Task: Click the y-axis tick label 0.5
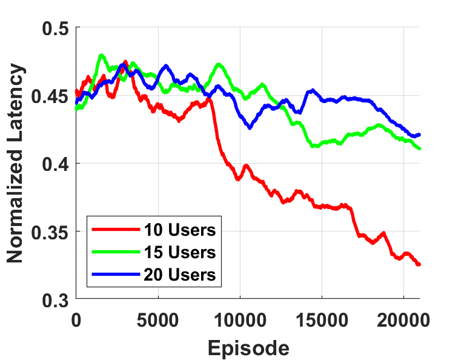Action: [56, 28]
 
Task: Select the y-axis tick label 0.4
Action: [56, 164]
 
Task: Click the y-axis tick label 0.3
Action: [56, 299]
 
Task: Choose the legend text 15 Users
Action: [180, 252]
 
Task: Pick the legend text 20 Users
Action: [180, 274]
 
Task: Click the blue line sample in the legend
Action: [115, 274]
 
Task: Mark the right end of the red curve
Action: [419, 265]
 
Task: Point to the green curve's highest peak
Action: [101, 55]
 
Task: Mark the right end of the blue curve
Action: [419, 135]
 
